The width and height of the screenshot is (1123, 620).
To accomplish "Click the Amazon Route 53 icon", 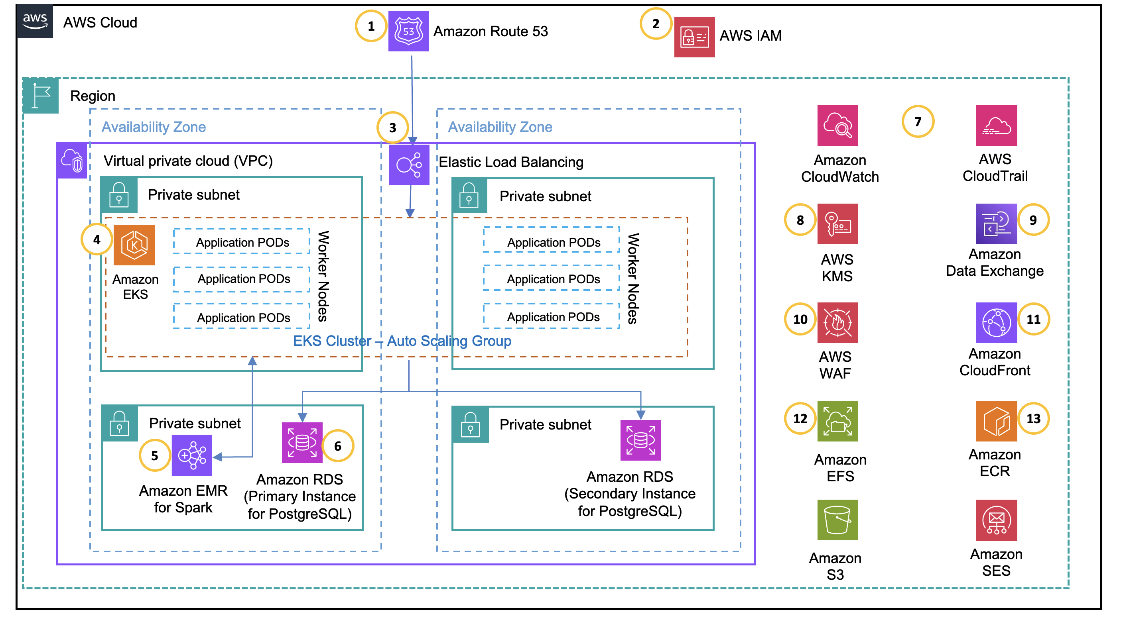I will click(x=408, y=31).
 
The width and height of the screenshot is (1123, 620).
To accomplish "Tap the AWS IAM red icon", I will click(x=694, y=37).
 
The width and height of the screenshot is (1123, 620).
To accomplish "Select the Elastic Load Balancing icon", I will click(x=408, y=165).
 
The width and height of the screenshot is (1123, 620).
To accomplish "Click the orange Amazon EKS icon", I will click(x=134, y=245).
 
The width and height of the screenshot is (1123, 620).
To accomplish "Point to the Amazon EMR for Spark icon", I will click(x=192, y=455).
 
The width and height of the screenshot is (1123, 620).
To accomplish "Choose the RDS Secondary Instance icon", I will click(x=640, y=440).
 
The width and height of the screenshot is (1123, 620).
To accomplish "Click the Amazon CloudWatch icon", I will click(x=837, y=126).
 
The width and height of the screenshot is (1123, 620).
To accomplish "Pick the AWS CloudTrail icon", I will click(x=996, y=126).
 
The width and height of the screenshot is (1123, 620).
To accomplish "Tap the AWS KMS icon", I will click(x=837, y=224).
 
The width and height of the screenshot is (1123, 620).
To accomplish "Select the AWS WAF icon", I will click(x=837, y=323).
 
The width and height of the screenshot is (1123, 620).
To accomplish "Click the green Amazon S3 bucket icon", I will click(x=837, y=520).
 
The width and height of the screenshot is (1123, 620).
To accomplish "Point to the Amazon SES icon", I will click(x=996, y=520).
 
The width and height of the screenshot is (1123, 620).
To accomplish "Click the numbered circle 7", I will click(x=917, y=122).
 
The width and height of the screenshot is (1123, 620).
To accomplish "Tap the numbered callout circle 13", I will click(x=1033, y=419).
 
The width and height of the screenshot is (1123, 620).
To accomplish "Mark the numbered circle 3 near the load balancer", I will click(x=392, y=128).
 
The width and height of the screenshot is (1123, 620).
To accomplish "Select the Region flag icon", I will click(x=41, y=95).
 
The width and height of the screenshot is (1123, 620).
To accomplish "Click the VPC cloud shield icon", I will click(x=72, y=160).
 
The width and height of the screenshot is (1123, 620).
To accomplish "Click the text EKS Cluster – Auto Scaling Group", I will click(x=402, y=341).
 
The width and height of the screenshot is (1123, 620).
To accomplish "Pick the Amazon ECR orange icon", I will click(x=996, y=421).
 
